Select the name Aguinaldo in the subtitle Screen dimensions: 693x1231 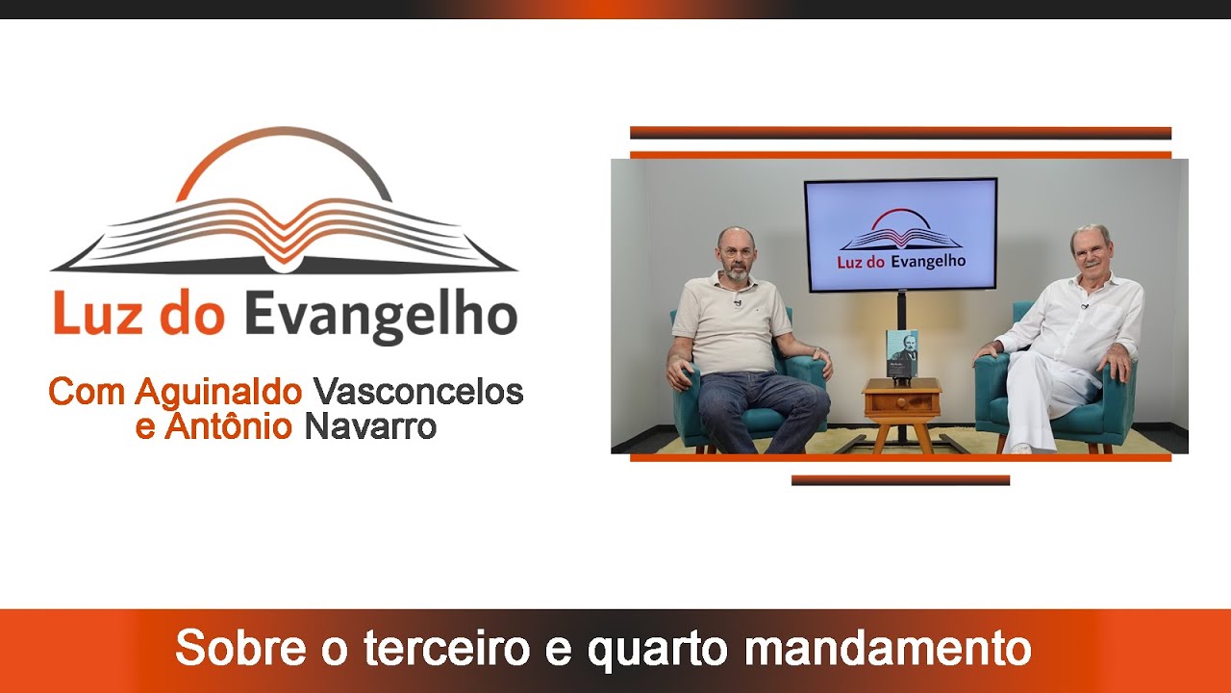click(219, 392)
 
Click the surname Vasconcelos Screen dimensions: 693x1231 click(418, 392)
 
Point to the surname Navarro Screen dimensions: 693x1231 click(370, 425)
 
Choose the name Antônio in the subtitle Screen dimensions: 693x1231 click(228, 425)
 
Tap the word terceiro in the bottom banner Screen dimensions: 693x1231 click(446, 649)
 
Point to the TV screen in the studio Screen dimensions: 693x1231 click(900, 234)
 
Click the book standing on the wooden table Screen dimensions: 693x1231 click(901, 353)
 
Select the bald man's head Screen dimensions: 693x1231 click(736, 253)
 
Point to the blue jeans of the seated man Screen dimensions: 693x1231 click(760, 404)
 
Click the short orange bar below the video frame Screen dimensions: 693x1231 click(900, 480)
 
